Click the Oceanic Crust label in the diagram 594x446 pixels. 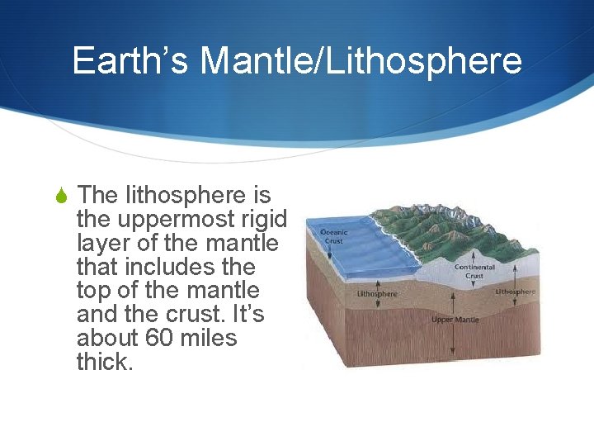(x=335, y=236)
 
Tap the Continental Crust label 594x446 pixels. (x=474, y=272)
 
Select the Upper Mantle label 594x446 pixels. (x=454, y=319)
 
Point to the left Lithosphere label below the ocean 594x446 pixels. (x=376, y=293)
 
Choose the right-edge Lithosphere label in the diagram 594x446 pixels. (x=516, y=292)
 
